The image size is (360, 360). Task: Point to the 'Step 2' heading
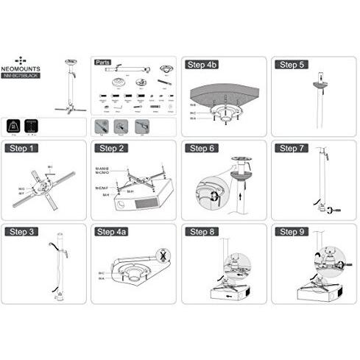click(x=110, y=148)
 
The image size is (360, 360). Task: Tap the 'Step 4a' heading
click(x=111, y=232)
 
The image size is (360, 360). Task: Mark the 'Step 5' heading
click(x=290, y=64)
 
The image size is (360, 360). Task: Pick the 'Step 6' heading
click(x=200, y=148)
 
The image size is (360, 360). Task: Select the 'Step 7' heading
click(x=290, y=148)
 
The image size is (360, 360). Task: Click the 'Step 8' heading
click(x=200, y=232)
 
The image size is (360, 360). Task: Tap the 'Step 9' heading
click(x=290, y=232)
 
